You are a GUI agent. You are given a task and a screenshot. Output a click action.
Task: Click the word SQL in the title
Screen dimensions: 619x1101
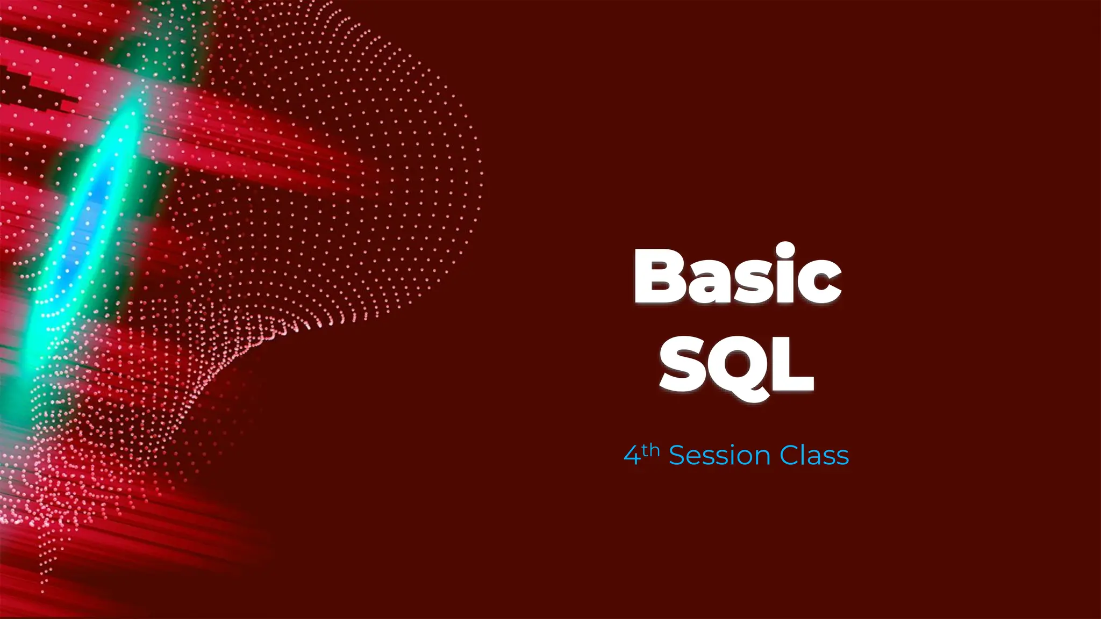[737, 365]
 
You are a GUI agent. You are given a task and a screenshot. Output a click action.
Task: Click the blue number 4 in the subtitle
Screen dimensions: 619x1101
[632, 456]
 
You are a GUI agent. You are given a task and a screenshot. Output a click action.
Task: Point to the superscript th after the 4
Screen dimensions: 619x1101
[650, 450]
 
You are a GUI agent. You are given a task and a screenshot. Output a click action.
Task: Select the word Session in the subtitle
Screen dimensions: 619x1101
[720, 456]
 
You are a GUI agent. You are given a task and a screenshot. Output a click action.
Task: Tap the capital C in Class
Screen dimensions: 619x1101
[789, 456]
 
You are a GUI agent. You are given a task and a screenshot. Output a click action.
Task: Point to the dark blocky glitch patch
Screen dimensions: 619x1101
[32, 91]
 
